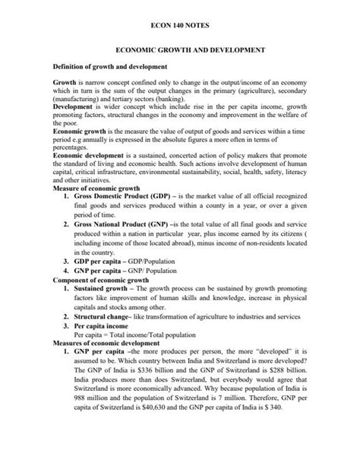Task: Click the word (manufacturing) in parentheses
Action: tap(77, 98)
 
